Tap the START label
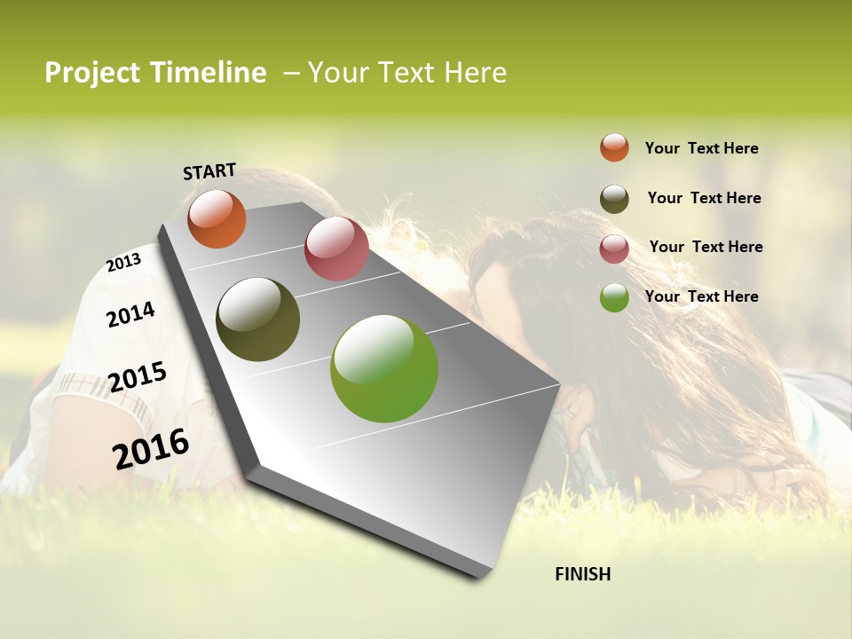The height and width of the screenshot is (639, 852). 209,171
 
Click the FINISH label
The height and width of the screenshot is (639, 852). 582,574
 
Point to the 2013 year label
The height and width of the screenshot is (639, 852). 123,262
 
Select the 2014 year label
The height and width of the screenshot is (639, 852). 130,314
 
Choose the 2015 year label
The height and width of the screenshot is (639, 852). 137,377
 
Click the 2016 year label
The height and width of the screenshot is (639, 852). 151,448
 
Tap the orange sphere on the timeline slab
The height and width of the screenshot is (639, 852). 217,218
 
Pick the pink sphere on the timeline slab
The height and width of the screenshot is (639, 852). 336,248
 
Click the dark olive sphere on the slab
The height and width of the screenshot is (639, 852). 257,319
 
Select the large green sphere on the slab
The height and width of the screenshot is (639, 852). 384,368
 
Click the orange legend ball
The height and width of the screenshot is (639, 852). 614,147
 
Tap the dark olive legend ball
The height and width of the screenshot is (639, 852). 614,199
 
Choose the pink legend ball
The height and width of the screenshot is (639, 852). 614,248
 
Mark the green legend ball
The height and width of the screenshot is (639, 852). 614,297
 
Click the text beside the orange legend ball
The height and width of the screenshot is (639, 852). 701,148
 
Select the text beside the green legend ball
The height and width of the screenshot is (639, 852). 701,296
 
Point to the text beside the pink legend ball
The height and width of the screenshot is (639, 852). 706,247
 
